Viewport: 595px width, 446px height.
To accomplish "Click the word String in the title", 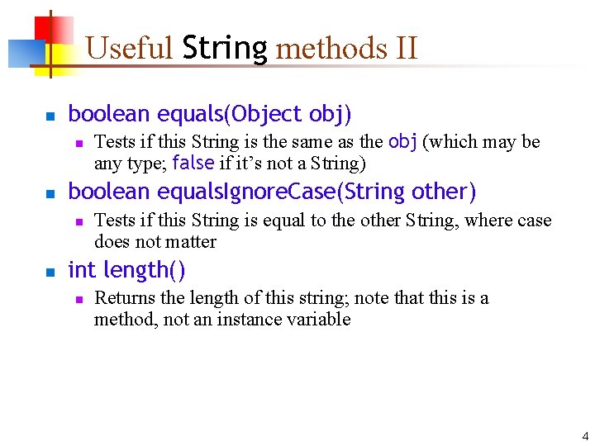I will tap(225, 49).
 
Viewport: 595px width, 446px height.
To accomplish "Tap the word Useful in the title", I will tap(128, 49).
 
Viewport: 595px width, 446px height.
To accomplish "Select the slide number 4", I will tap(585, 436).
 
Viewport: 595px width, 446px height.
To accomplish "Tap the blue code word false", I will tap(193, 163).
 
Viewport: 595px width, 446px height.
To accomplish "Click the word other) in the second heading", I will tap(444, 192).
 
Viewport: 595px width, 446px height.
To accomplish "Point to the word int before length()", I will tap(82, 270).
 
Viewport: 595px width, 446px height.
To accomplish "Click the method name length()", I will tap(144, 270).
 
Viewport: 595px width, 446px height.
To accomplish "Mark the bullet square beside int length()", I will tap(49, 272).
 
